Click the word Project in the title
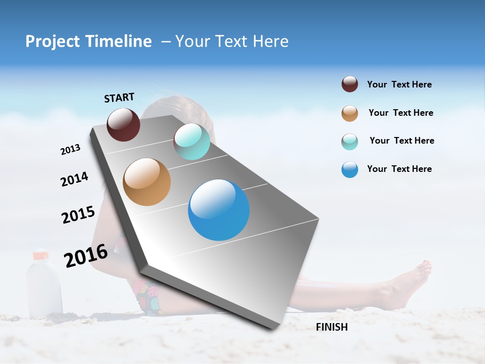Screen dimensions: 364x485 coord(52,41)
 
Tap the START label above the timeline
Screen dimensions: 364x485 coord(119,98)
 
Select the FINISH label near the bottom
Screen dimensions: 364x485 coord(332,327)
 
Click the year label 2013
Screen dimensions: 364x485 coord(70,150)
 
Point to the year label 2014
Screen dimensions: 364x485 coord(74,179)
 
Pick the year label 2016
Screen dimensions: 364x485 coord(86,255)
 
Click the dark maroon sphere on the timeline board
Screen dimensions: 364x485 coord(123,124)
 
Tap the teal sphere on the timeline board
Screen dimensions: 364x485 coord(191,142)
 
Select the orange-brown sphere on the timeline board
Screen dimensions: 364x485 coord(147,182)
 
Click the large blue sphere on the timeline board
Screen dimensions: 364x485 coord(219,210)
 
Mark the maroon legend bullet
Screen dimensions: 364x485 coord(350,84)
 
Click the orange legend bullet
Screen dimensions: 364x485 coord(350,113)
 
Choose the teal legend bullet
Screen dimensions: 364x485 coord(350,142)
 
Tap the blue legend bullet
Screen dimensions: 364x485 coord(350,169)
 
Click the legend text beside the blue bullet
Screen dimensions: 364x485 coord(400,169)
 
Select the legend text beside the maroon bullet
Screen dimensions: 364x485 coord(400,84)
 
